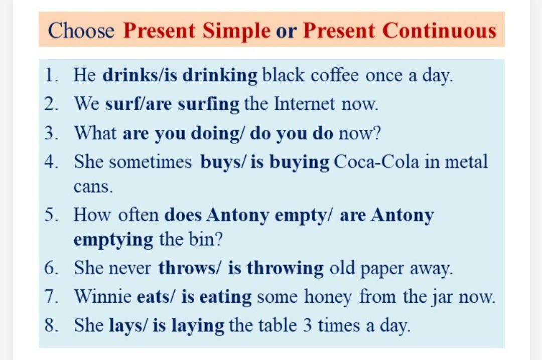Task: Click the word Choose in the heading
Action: pyautogui.click(x=81, y=30)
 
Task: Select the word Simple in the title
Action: pyautogui.click(x=236, y=31)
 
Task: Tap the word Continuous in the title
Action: pyautogui.click(x=439, y=30)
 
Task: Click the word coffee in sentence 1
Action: pyautogui.click(x=335, y=75)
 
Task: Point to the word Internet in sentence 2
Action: pyautogui.click(x=304, y=104)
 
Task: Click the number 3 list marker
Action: pyautogui.click(x=51, y=133)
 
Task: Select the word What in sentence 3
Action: pyautogui.click(x=95, y=132)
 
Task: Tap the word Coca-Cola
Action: pyautogui.click(x=376, y=161)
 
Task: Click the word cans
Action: pyautogui.click(x=93, y=187)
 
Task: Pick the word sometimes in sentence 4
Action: pyautogui.click(x=151, y=161)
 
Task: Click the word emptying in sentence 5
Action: pyautogui.click(x=113, y=240)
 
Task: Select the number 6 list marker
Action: pyautogui.click(x=51, y=268)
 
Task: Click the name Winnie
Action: pyautogui.click(x=103, y=296)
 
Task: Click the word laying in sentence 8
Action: pyautogui.click(x=198, y=326)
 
